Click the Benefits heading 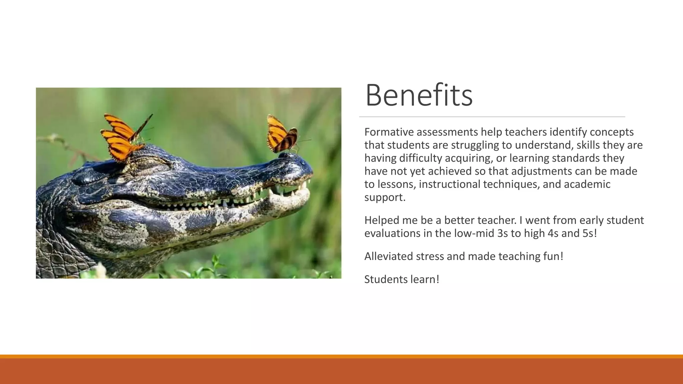point(419,96)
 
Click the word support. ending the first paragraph point(385,197)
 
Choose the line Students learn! point(402,279)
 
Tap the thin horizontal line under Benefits point(492,117)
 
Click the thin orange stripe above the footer point(341,356)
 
